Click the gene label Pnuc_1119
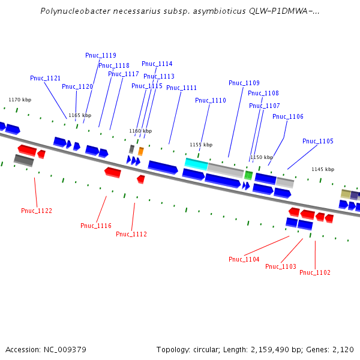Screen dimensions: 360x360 [101, 55]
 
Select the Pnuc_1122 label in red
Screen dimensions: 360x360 [37, 211]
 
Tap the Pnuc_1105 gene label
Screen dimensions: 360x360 [318, 142]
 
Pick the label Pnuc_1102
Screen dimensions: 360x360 [315, 272]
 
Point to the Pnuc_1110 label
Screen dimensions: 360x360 [211, 100]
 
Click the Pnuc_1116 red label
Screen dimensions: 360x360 [96, 226]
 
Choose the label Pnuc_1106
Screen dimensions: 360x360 [288, 116]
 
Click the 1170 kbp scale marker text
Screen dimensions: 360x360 [19, 100]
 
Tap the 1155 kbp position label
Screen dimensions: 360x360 [201, 145]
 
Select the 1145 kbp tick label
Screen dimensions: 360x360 [323, 169]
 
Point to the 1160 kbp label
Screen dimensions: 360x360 [140, 131]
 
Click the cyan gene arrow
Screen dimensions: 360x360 [196, 163]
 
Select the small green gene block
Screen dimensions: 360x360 [248, 175]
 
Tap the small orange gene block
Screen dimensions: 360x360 [141, 151]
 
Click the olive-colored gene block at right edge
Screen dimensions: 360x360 [346, 194]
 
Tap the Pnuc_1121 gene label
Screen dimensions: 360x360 [46, 78]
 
